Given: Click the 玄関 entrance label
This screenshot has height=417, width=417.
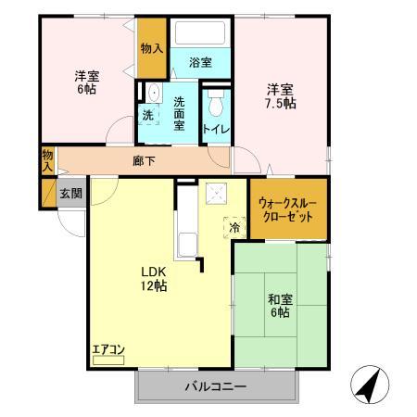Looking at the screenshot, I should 70,194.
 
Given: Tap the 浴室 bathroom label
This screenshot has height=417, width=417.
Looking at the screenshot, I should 200,62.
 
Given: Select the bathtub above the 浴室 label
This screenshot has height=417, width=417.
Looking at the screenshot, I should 200,34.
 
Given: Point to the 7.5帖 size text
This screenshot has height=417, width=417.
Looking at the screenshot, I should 281,104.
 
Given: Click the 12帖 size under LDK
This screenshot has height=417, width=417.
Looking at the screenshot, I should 154,286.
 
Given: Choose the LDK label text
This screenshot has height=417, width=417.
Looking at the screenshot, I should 153,271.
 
